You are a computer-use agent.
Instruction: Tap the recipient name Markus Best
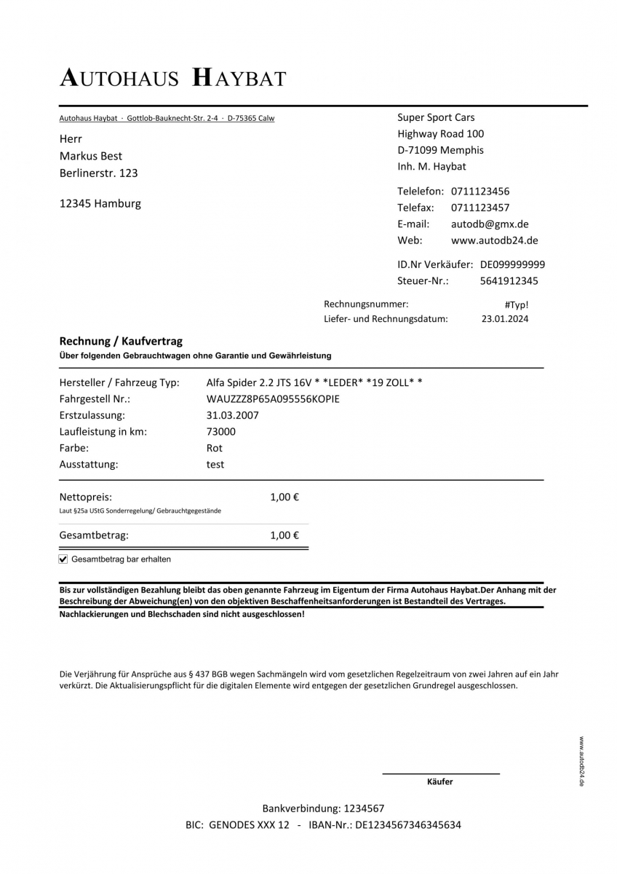tap(91, 156)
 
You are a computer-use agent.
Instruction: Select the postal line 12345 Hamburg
tap(100, 204)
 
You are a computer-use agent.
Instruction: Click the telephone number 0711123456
tap(480, 192)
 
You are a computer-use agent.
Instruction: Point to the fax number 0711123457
tap(480, 208)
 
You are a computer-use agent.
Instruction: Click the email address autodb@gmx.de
tap(490, 224)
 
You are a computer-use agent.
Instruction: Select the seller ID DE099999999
tap(512, 264)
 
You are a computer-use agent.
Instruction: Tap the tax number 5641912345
tap(509, 281)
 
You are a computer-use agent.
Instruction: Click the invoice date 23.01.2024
tap(505, 319)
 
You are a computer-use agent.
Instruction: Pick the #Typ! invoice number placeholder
tap(516, 304)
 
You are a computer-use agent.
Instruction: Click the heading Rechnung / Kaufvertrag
tap(121, 341)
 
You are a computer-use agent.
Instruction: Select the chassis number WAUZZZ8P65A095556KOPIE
tap(273, 399)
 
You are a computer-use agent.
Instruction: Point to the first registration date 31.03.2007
tap(233, 415)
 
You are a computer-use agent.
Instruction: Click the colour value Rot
tap(215, 448)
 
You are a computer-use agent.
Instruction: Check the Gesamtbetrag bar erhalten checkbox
tap(63, 559)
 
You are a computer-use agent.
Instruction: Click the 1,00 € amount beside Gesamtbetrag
tap(284, 535)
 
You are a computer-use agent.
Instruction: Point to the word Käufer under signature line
tap(440, 782)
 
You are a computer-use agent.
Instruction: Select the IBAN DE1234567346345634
tap(407, 825)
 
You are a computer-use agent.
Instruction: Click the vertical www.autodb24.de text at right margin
tap(582, 761)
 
